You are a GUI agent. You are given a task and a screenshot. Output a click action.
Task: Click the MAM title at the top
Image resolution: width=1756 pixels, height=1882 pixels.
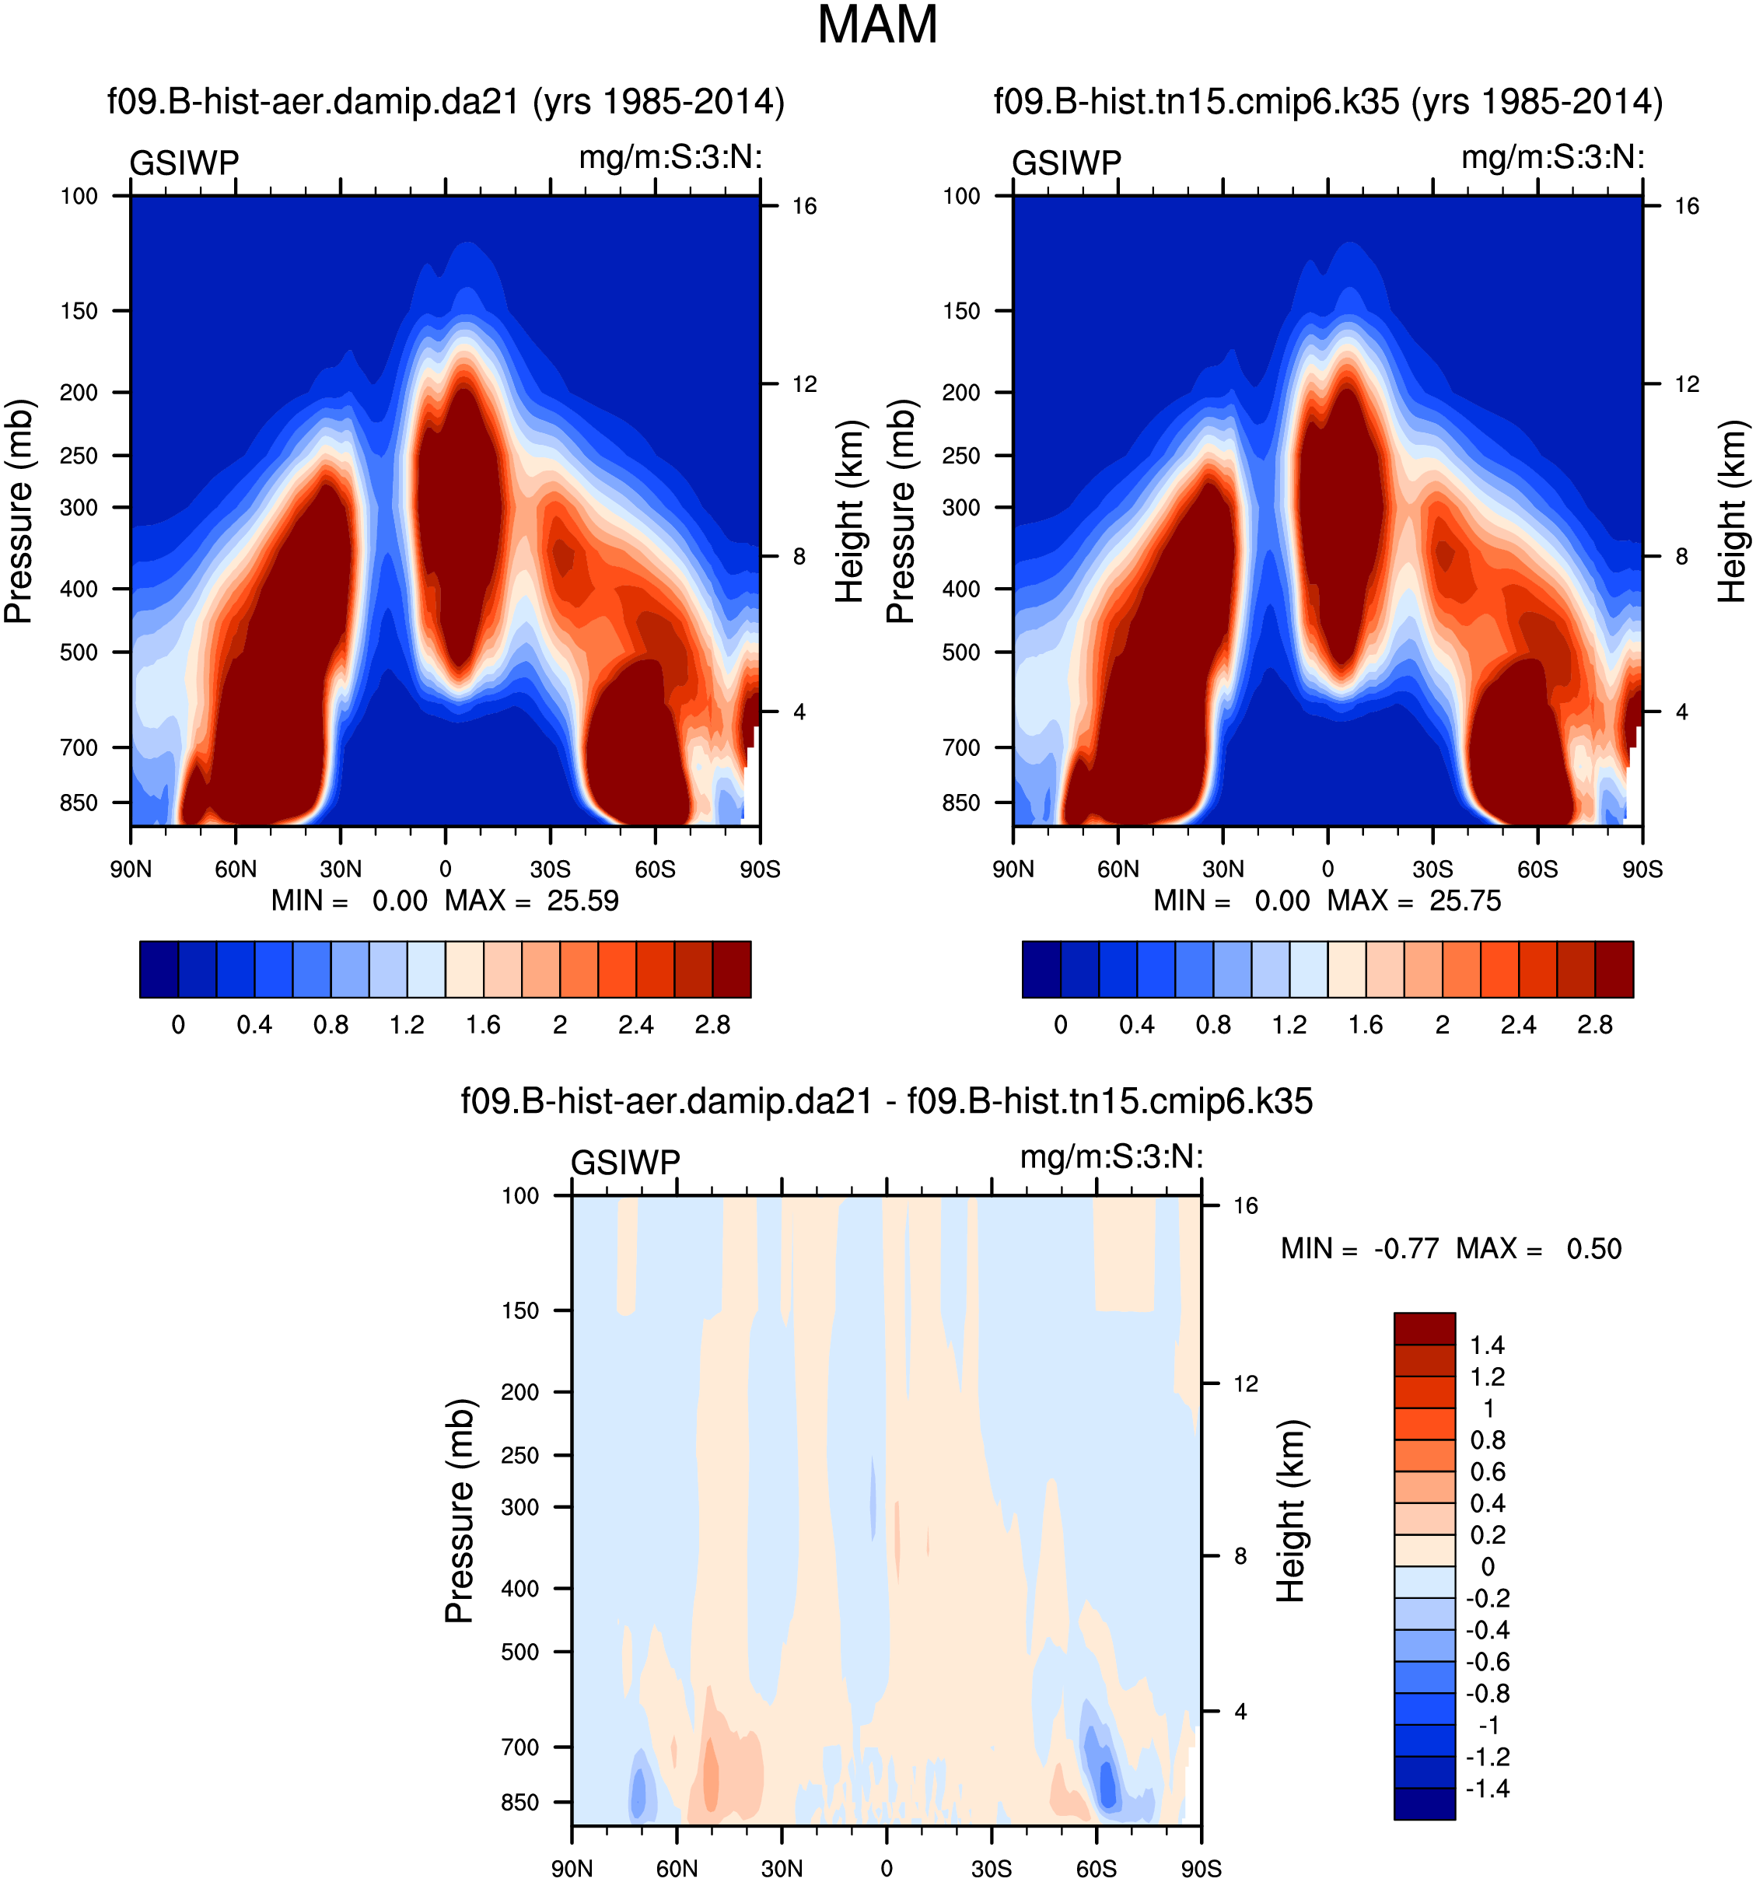click(x=876, y=26)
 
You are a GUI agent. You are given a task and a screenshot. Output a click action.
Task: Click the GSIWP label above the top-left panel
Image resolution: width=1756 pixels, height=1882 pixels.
click(x=184, y=163)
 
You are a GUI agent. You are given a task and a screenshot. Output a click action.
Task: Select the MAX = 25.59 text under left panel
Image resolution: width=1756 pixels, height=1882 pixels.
click(x=531, y=901)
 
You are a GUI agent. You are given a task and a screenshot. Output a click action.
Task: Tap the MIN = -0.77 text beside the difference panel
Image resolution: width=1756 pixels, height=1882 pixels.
click(x=1359, y=1249)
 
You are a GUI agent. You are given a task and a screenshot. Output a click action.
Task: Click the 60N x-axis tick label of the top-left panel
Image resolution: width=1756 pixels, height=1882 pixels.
click(x=236, y=869)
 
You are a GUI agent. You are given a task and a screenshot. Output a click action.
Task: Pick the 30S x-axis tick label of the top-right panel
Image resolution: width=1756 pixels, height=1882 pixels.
click(x=1432, y=869)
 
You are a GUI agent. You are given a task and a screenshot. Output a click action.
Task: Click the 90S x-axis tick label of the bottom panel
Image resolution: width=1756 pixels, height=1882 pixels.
click(x=1200, y=1869)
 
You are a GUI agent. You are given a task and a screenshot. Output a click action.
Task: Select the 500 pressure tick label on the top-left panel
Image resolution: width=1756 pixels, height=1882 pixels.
click(x=79, y=652)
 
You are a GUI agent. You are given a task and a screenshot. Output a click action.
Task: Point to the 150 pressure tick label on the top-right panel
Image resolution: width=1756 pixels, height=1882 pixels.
click(x=961, y=310)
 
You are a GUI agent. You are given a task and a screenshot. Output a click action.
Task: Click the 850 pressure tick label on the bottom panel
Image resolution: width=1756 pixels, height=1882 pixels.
click(x=519, y=1803)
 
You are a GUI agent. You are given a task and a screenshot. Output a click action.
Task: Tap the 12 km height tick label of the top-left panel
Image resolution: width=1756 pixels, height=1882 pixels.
click(x=803, y=384)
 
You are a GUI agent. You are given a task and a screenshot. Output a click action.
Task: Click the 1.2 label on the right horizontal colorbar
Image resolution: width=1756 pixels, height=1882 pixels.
click(x=1289, y=1025)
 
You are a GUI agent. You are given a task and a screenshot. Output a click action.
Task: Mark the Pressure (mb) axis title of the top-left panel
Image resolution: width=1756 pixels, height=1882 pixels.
click(x=19, y=511)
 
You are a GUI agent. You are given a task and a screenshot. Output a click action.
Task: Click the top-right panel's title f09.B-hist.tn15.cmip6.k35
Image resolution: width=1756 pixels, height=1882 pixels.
click(x=1327, y=101)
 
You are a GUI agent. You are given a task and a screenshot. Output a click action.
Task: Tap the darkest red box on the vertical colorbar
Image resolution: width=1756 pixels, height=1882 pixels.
click(x=1424, y=1328)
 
